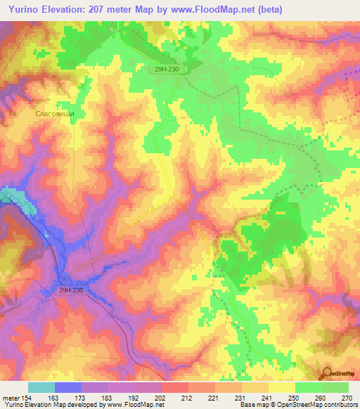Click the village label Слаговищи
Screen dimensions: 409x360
[55, 112]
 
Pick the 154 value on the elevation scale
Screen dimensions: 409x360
[26, 398]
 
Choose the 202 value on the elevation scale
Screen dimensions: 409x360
[160, 398]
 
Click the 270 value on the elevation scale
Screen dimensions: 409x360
[347, 398]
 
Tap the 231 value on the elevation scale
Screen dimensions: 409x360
[240, 398]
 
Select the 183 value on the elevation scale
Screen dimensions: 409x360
[106, 398]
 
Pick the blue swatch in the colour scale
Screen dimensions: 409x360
[68, 387]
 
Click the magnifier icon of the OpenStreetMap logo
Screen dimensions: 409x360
[327, 372]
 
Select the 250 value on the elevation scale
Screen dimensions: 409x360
[294, 398]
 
